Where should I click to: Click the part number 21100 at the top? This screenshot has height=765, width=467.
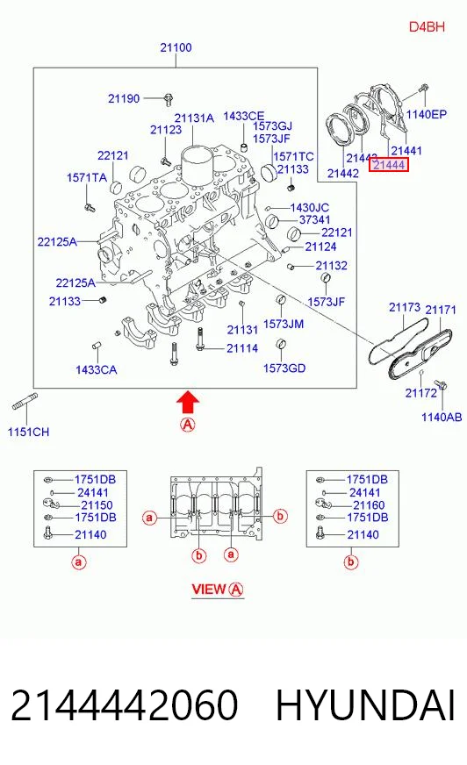(x=176, y=47)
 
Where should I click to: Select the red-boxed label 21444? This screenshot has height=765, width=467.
(x=388, y=165)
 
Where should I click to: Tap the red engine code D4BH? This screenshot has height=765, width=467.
(x=427, y=26)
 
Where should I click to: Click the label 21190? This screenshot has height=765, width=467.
(x=124, y=98)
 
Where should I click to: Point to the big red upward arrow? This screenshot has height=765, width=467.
(x=188, y=403)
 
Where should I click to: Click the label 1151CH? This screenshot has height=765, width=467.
(x=28, y=432)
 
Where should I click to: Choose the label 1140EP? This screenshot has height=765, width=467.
(x=427, y=114)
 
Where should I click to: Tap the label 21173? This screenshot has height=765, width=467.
(x=405, y=307)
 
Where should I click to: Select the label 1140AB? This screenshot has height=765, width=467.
(x=442, y=417)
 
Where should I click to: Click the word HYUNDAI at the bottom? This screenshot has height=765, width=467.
(x=365, y=705)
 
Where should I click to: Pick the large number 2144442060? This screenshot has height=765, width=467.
(x=125, y=705)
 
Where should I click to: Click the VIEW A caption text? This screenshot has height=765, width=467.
(x=217, y=590)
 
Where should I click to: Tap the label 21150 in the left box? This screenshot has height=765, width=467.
(x=97, y=505)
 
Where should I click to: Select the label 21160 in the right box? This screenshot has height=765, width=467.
(x=369, y=505)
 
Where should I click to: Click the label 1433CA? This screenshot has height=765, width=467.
(x=97, y=370)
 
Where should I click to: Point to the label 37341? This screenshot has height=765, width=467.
(x=315, y=219)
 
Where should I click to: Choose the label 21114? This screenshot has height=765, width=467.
(x=242, y=348)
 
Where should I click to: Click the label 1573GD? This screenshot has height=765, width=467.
(x=284, y=368)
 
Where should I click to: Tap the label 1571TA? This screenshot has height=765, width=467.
(x=86, y=177)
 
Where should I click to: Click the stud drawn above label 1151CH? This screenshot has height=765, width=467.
(x=25, y=401)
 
